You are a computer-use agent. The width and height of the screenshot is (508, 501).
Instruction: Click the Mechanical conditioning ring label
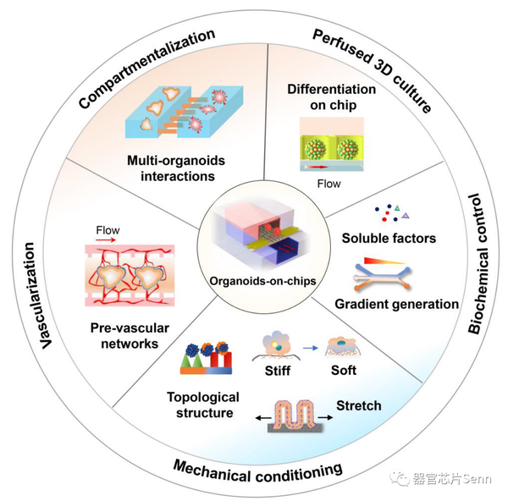[x=257, y=467]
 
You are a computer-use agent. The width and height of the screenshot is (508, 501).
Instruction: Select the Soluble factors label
[x=389, y=238]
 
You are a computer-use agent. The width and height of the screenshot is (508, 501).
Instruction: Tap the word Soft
[x=344, y=370]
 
